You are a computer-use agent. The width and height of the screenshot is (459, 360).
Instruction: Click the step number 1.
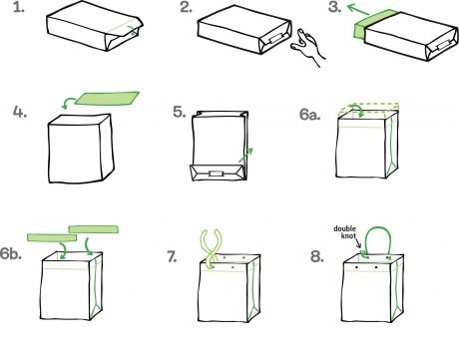click(x=19, y=7)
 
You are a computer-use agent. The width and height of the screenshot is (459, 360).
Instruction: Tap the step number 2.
click(x=186, y=7)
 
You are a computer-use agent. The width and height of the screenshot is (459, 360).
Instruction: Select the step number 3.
click(x=334, y=7)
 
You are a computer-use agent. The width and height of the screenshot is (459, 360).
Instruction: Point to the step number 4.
click(x=20, y=112)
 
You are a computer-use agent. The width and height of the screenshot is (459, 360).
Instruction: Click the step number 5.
click(x=180, y=112)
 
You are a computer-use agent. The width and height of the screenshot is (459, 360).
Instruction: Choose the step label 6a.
click(x=309, y=115)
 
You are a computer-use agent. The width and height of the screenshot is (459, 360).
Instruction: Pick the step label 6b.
click(x=11, y=254)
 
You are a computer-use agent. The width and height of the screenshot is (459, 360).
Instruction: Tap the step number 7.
click(x=172, y=256)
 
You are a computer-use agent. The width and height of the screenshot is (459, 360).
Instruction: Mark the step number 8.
click(x=317, y=256)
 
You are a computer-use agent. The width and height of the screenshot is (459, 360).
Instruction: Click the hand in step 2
click(x=307, y=46)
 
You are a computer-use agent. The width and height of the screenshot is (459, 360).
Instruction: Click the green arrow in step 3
click(x=358, y=9)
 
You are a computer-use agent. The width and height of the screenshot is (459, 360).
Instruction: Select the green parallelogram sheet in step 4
click(x=107, y=99)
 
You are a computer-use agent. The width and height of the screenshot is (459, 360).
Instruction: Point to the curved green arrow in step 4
click(x=68, y=103)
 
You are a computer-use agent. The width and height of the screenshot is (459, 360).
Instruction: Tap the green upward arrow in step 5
click(x=246, y=155)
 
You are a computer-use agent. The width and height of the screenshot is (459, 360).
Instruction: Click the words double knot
click(x=346, y=232)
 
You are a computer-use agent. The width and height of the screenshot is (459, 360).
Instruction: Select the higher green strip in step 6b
click(x=94, y=229)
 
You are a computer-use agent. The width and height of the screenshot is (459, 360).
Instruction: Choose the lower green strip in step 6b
click(x=52, y=237)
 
